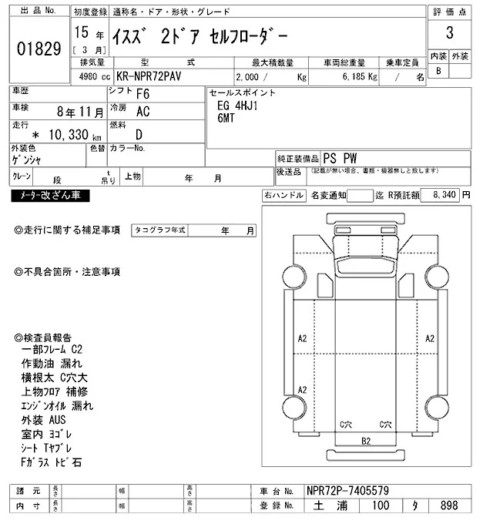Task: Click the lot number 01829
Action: (x=38, y=49)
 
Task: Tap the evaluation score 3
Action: (x=449, y=34)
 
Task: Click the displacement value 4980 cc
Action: (x=91, y=78)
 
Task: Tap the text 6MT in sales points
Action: (x=228, y=119)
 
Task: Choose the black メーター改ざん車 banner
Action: (x=50, y=196)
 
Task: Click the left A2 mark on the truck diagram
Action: (x=302, y=338)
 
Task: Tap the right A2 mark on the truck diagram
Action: (x=431, y=338)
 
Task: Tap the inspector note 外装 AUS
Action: (x=45, y=420)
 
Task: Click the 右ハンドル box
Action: (x=283, y=196)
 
